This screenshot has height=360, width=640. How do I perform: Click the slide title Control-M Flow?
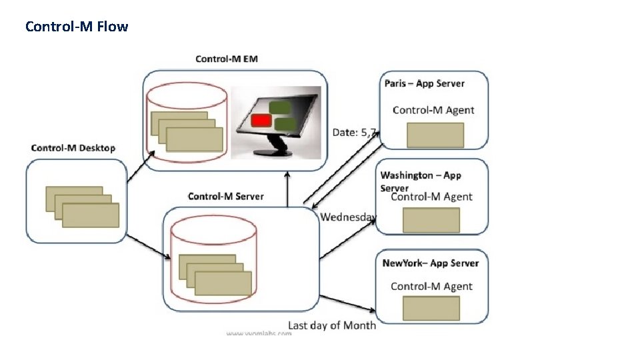(x=77, y=27)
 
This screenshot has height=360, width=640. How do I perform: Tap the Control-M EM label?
(x=227, y=59)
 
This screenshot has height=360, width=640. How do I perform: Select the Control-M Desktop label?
(x=73, y=148)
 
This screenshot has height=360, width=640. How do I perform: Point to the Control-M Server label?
(x=225, y=197)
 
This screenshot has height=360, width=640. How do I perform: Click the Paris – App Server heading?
(x=425, y=83)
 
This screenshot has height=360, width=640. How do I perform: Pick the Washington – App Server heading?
(x=421, y=176)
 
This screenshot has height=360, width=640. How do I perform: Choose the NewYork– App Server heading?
(x=431, y=263)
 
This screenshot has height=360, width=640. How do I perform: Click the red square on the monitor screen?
(x=261, y=121)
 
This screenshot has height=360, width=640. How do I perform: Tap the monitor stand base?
(x=275, y=151)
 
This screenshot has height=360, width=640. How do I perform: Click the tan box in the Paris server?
(x=435, y=135)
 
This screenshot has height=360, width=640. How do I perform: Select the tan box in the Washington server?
(x=431, y=220)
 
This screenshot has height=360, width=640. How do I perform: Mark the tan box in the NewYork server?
(x=431, y=308)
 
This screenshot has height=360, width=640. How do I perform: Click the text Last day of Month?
(x=331, y=325)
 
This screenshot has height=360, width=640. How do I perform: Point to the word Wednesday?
(x=349, y=217)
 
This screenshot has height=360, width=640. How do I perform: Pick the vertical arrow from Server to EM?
(x=287, y=190)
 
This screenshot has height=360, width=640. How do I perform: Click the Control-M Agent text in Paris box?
(x=433, y=110)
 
